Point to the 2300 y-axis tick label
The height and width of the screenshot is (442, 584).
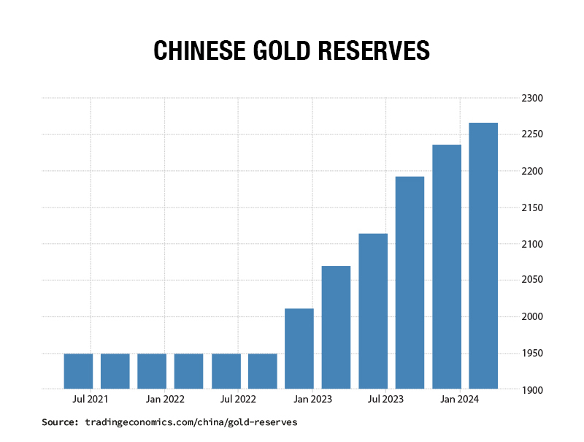(532, 98)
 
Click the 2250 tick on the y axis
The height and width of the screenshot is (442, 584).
(532, 134)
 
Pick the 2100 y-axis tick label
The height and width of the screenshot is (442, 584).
(532, 244)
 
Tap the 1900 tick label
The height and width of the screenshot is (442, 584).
(532, 390)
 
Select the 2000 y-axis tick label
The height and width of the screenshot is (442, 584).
(532, 317)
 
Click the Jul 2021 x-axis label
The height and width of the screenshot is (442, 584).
(91, 400)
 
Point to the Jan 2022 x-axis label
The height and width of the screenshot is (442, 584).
(164, 400)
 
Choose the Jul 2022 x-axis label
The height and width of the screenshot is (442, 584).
(238, 400)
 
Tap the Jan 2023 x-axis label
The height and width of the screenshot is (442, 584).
(312, 400)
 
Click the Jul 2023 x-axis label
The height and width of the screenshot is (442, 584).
(385, 400)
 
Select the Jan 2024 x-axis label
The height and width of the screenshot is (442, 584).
(459, 400)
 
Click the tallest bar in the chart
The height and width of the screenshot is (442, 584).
(483, 256)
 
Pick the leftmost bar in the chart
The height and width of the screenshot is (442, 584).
(78, 371)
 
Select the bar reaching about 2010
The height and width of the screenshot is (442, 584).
(299, 348)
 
